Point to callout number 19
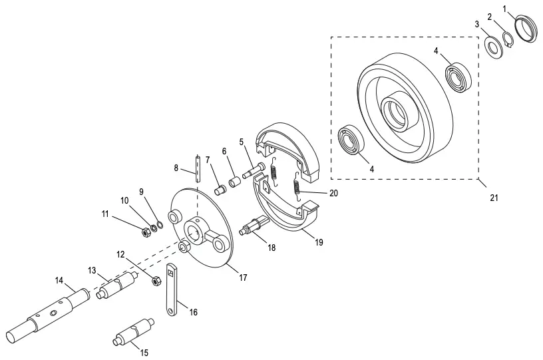point(319,243)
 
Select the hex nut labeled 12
point(156,280)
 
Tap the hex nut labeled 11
point(144,232)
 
